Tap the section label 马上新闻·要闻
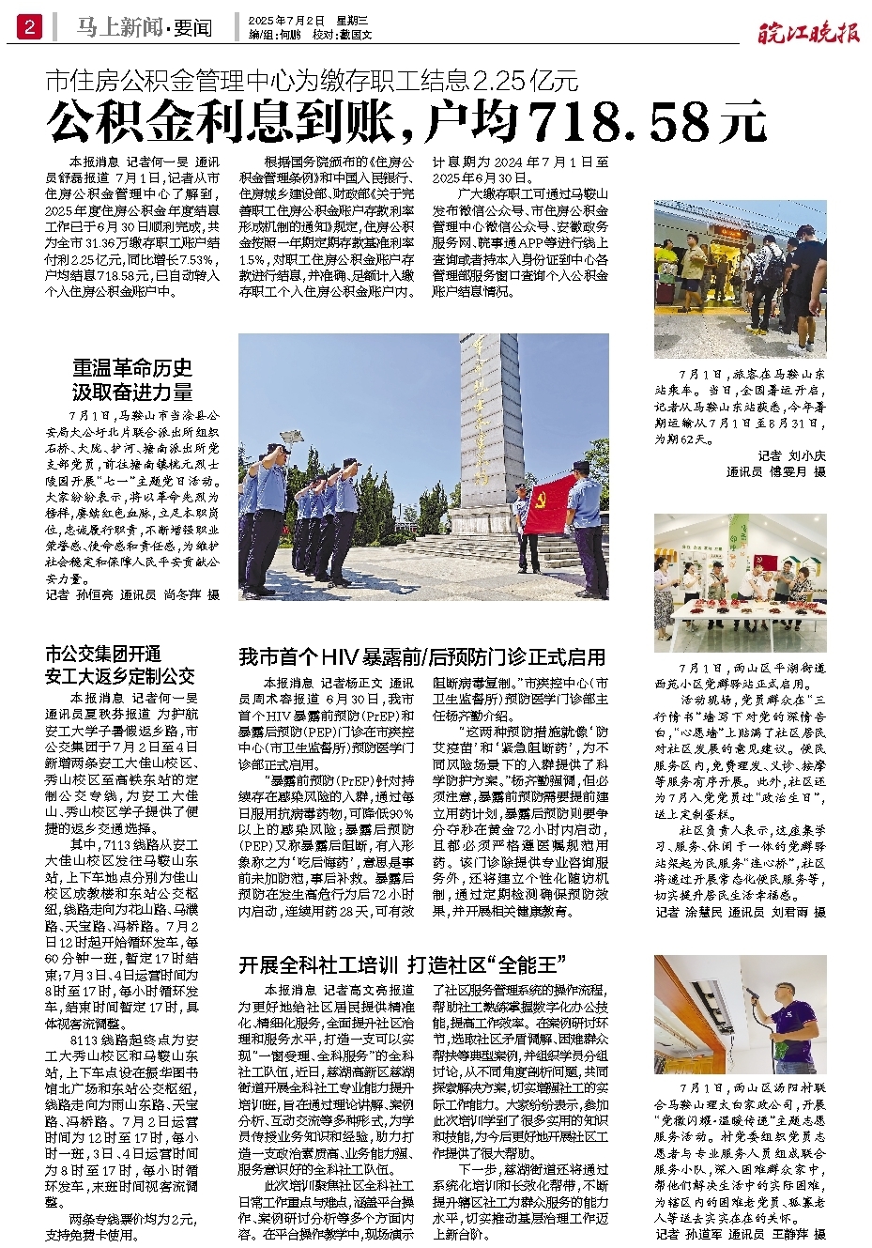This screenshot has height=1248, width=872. pos(145,28)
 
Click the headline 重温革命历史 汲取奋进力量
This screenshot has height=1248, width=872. pos(132,379)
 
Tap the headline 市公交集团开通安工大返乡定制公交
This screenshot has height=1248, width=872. pos(120,665)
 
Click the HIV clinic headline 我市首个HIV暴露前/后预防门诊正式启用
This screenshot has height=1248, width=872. pos(422,657)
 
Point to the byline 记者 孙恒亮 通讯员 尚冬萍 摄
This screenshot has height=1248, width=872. pos(132,594)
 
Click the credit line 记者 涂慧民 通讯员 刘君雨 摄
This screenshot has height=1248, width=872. pos(740,912)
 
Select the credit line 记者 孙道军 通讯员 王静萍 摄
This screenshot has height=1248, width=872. pos(740,1234)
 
